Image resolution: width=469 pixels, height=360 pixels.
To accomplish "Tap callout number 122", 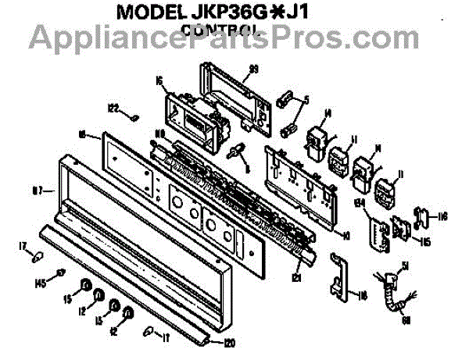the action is pyautogui.click(x=113, y=109).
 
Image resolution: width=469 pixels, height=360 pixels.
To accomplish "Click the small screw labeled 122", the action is pyautogui.click(x=134, y=117).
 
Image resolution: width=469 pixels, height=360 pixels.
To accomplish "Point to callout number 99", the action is pyautogui.click(x=252, y=70).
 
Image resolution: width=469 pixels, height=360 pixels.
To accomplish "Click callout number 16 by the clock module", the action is pyautogui.click(x=159, y=80).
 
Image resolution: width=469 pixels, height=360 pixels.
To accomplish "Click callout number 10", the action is pyautogui.click(x=346, y=233).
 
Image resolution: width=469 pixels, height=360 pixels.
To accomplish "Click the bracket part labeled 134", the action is pyautogui.click(x=379, y=231).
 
